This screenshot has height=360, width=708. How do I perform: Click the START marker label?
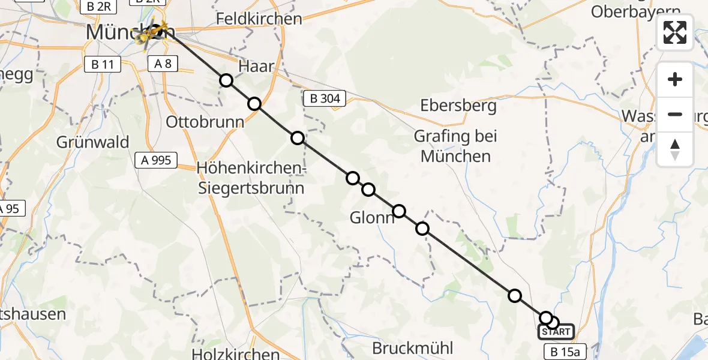pyautogui.click(x=556, y=332)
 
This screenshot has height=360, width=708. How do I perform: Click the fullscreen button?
pyautogui.click(x=675, y=32)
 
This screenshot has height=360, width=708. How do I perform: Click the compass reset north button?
pyautogui.click(x=675, y=149)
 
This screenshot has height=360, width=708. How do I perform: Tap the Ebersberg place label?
pyautogui.click(x=458, y=106)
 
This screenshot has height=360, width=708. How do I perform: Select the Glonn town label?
pyautogui.click(x=372, y=218)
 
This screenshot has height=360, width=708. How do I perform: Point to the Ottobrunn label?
pyautogui.click(x=205, y=122)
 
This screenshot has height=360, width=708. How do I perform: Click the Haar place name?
pyautogui.click(x=257, y=66)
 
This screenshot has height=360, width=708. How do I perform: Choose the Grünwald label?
pyautogui.click(x=93, y=142)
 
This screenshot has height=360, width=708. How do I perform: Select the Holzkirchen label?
pyautogui.click(x=236, y=353)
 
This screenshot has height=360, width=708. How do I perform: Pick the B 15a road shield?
pyautogui.click(x=563, y=351)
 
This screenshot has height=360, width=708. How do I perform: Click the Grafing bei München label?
pyautogui.click(x=455, y=146)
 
